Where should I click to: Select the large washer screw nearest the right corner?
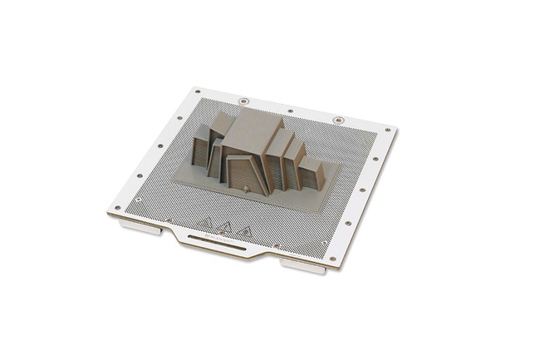[337, 121]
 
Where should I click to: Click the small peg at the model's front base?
[247, 190]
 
